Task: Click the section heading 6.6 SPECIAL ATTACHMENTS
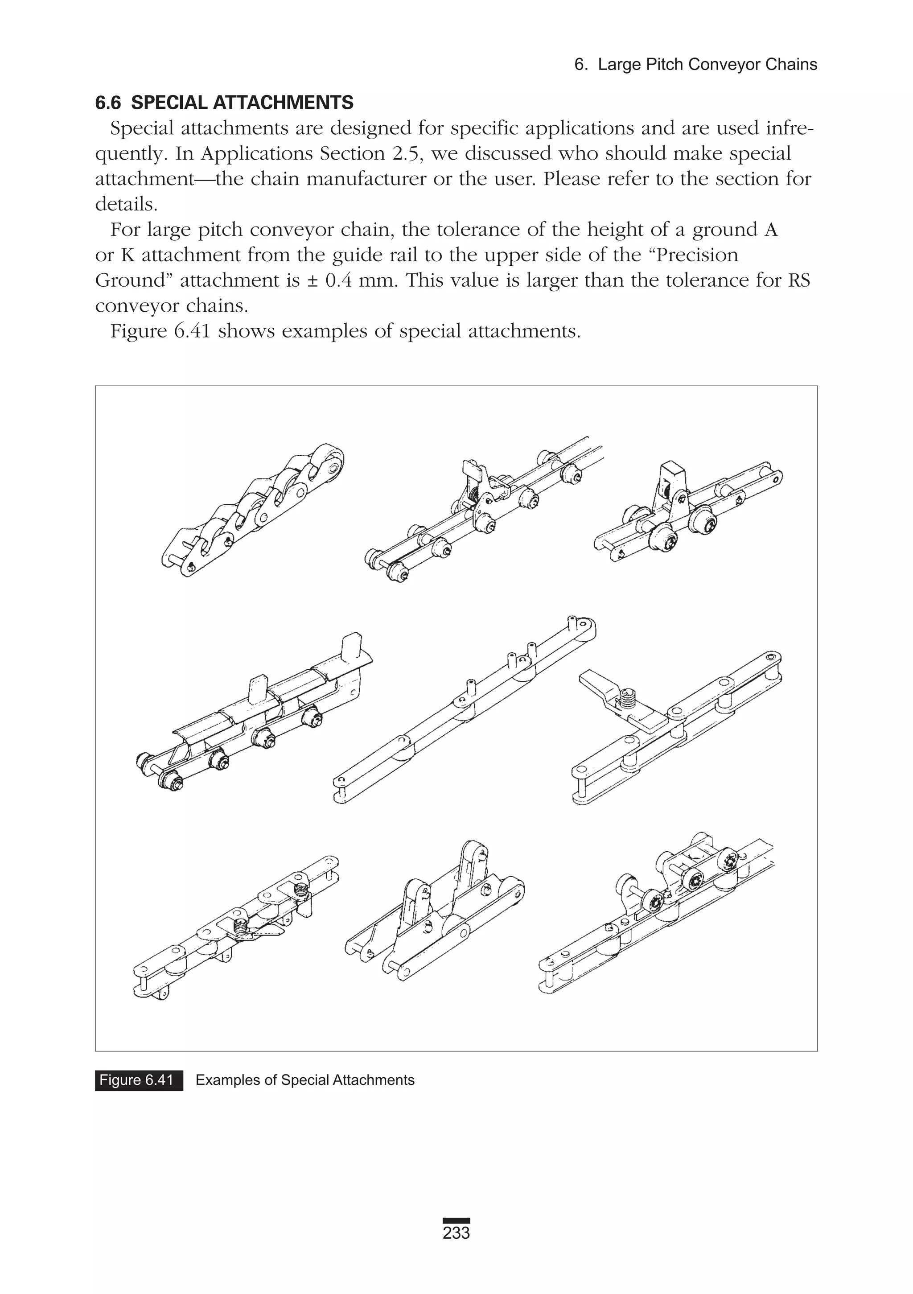pos(224,103)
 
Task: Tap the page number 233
pos(456,1233)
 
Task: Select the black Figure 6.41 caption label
pos(139,1080)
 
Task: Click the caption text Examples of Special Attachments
pos(305,1080)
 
